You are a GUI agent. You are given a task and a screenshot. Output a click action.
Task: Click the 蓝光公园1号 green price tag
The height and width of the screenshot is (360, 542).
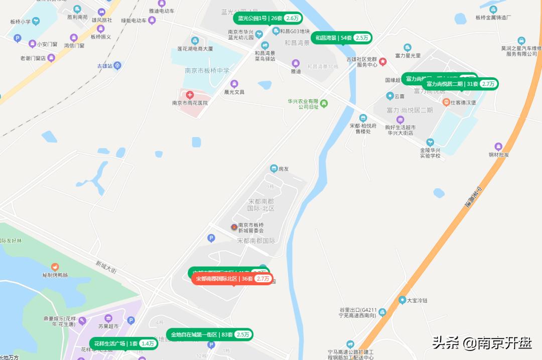pos(267,18)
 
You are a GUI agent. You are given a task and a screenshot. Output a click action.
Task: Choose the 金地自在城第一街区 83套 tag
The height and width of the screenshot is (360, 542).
pos(209,334)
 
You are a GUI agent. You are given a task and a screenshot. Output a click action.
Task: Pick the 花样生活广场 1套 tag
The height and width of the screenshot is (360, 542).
pos(123,343)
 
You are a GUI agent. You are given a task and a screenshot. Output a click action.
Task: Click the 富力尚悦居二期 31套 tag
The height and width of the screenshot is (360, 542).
pos(461,84)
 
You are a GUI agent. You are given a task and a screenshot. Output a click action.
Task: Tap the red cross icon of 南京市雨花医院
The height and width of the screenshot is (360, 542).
pos(190,94)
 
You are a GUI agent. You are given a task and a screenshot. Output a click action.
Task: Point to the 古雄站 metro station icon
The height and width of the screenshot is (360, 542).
pos(117,65)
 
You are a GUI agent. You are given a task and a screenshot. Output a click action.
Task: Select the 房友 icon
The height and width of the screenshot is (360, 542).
pos(274,169)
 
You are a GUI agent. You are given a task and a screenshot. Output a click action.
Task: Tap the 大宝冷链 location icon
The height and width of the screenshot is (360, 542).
pos(402,300)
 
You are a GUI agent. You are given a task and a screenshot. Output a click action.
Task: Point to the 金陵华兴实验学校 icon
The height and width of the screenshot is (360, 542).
pos(430,142)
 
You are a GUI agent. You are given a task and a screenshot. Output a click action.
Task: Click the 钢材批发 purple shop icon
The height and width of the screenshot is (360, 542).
pos(498,146)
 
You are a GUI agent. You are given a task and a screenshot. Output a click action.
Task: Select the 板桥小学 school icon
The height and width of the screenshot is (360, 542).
pos(36,22)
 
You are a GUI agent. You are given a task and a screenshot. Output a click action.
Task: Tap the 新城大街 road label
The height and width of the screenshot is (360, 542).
pos(106,267)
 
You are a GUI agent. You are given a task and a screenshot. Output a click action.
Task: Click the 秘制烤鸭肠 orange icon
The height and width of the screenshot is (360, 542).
pos(55,267)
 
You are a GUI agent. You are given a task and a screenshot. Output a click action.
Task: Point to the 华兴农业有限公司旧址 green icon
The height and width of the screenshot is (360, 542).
pos(324,104)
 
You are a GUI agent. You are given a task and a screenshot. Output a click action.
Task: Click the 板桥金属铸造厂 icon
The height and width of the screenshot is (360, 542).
pos(493,9)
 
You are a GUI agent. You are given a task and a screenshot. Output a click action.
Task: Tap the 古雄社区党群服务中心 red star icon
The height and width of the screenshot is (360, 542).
pos(383,62)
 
